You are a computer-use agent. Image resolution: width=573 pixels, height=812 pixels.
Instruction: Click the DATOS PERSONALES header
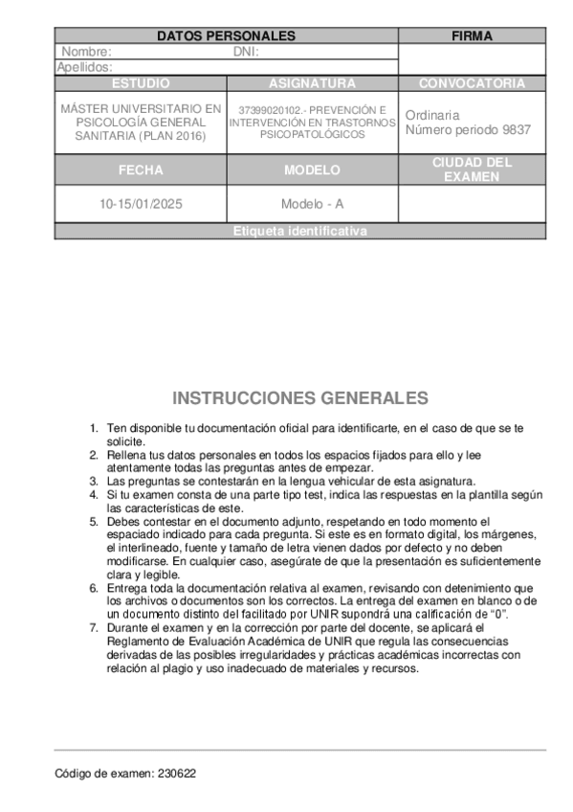[x=226, y=36]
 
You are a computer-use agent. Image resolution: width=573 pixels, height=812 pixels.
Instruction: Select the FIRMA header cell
[x=472, y=36]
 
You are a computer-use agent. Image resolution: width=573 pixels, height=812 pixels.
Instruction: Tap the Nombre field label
[x=87, y=52]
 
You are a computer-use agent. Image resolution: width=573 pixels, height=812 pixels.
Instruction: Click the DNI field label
[x=247, y=52]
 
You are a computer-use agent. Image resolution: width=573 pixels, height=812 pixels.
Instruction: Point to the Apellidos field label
[x=85, y=67]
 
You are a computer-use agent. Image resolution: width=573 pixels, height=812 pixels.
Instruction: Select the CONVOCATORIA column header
[x=472, y=83]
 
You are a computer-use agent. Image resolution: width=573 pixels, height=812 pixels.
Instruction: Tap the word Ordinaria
[x=432, y=115]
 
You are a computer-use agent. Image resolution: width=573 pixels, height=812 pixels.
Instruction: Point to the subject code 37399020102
[x=267, y=110]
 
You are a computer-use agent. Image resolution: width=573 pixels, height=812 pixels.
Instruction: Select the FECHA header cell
[x=141, y=170]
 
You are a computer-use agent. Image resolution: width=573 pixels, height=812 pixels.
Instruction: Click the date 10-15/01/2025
[x=141, y=204]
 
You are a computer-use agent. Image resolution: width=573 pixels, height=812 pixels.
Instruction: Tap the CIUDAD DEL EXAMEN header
[x=472, y=169]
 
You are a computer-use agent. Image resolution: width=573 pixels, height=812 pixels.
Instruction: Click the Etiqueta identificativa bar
[x=299, y=232]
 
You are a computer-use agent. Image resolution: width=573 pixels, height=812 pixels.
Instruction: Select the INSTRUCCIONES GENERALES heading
[x=300, y=397]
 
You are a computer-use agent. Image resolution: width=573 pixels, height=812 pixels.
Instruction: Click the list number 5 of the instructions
[x=94, y=521]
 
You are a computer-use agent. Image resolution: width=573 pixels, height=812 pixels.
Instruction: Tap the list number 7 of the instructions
[x=94, y=627]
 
